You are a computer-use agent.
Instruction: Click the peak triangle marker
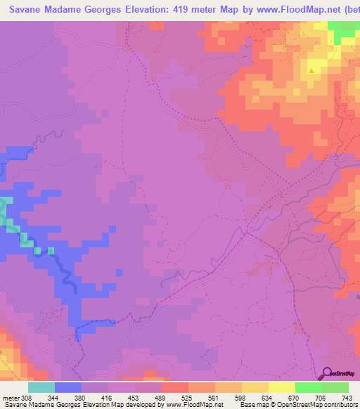click(x=311, y=70)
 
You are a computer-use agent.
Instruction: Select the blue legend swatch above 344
click(x=67, y=387)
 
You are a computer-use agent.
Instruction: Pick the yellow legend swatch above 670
click(x=281, y=387)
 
